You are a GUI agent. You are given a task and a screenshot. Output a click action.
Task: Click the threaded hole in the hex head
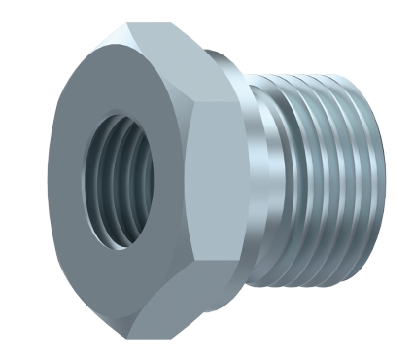[x=119, y=179]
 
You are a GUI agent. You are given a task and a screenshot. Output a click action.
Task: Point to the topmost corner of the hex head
[x=126, y=24]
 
